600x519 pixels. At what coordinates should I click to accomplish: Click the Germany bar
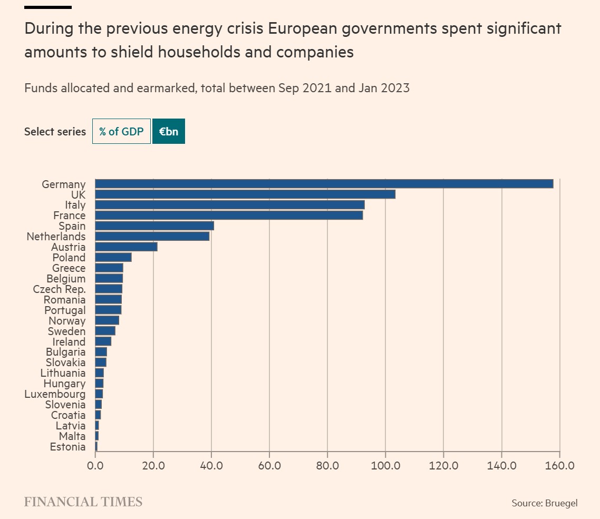tap(324, 184)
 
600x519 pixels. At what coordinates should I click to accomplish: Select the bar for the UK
tap(245, 194)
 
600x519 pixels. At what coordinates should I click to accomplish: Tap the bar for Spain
tap(154, 226)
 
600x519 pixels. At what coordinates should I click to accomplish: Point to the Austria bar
tap(126, 247)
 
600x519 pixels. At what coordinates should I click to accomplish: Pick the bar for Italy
tap(230, 205)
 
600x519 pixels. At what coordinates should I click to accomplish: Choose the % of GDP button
tap(121, 132)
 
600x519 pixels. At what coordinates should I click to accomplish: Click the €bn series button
tap(169, 132)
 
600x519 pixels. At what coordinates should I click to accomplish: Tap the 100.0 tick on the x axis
tap(385, 466)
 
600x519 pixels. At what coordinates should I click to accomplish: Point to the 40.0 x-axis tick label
tap(211, 466)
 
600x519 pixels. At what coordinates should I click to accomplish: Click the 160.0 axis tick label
tap(559, 466)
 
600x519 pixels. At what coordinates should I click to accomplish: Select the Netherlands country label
tap(56, 237)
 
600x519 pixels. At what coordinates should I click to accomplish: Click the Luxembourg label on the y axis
tap(55, 394)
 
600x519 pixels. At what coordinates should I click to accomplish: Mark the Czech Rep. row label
tap(59, 289)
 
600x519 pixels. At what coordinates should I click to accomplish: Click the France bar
tap(229, 216)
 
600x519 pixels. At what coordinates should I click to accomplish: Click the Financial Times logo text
tap(83, 502)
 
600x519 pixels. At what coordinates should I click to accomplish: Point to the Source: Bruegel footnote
tap(545, 503)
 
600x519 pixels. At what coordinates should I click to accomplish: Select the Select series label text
tap(55, 132)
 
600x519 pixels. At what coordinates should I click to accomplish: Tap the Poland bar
tap(113, 257)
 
